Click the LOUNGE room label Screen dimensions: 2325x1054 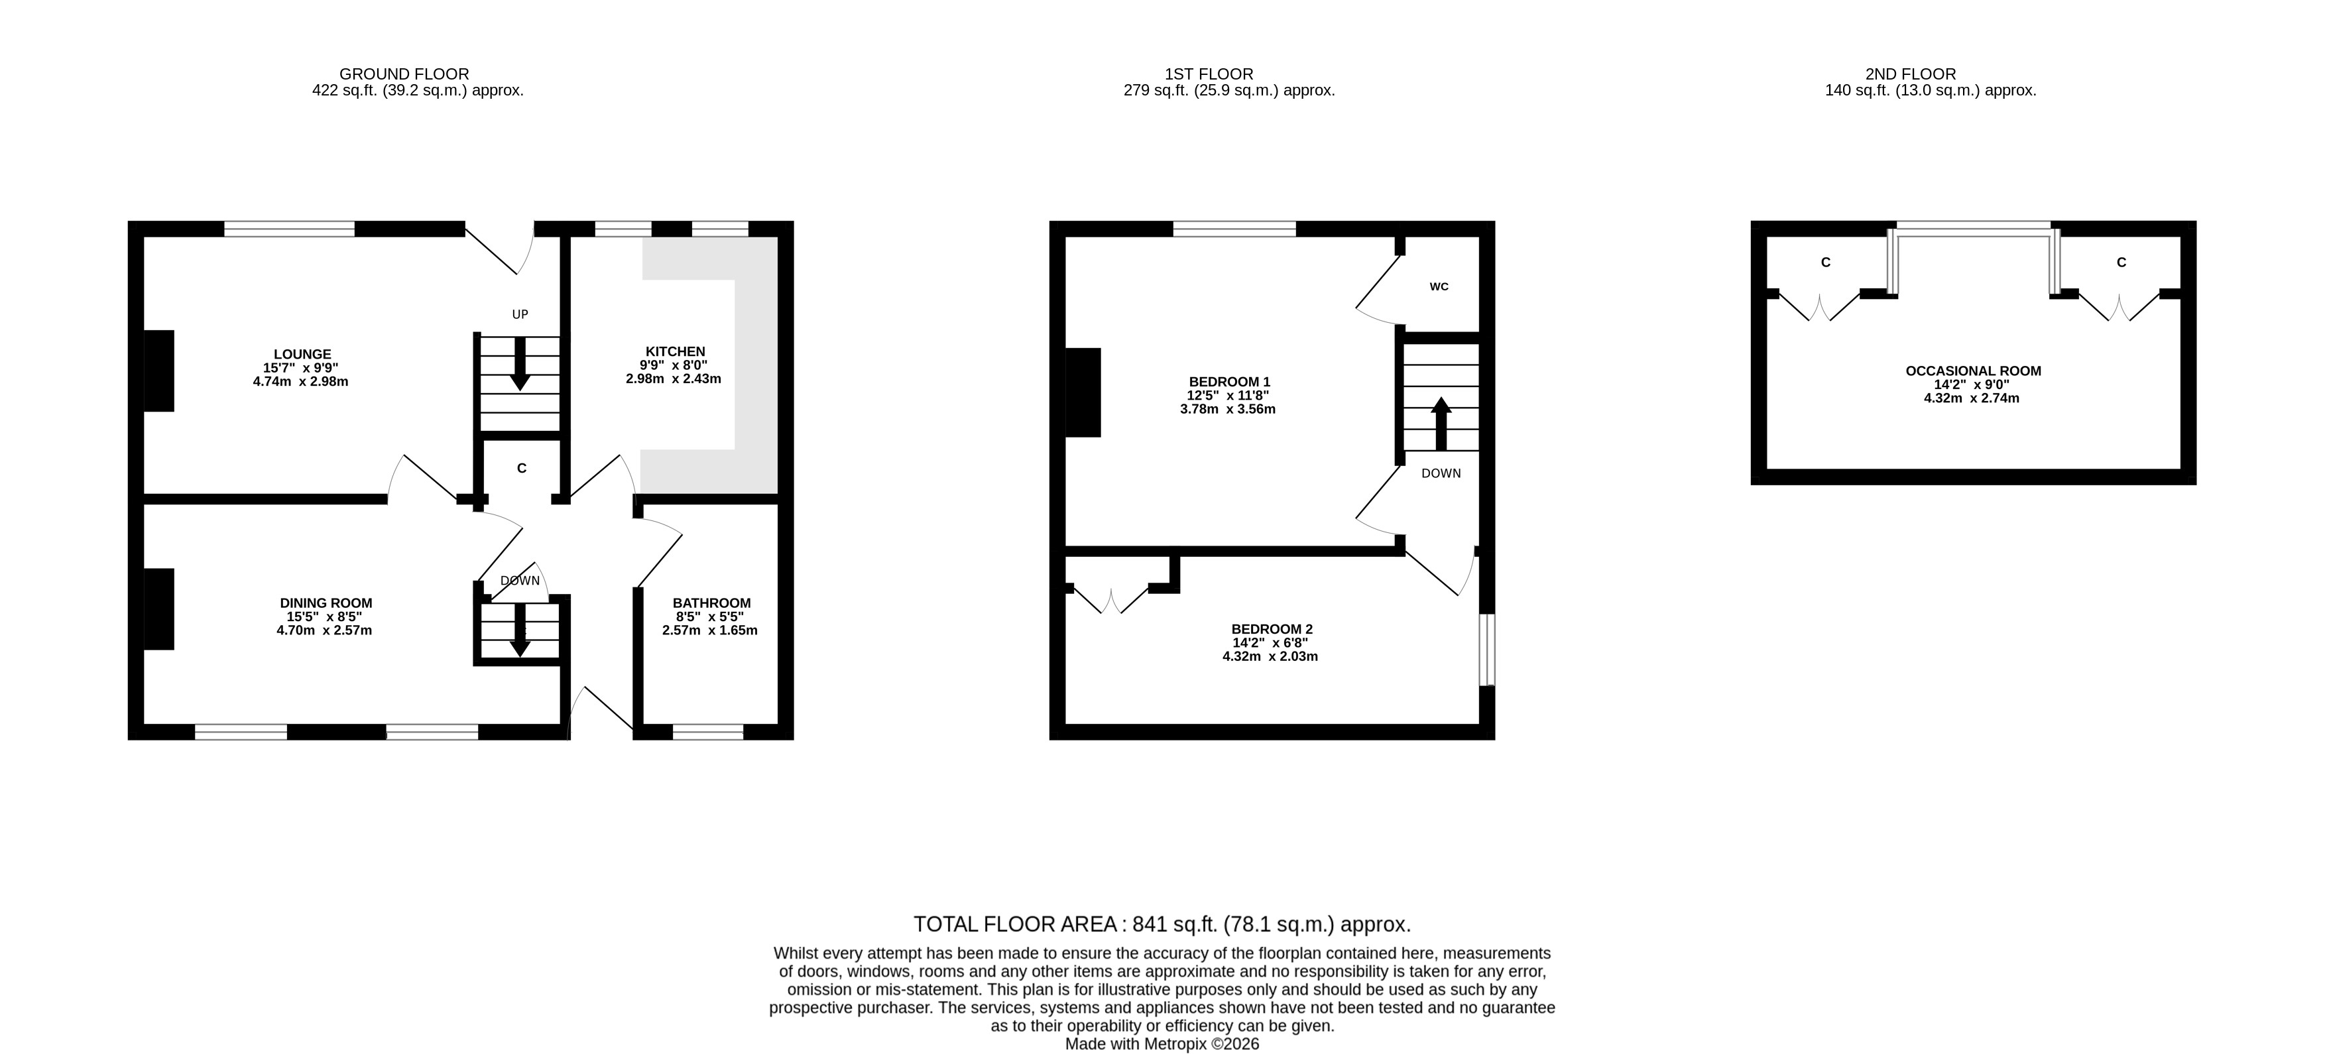tap(302, 355)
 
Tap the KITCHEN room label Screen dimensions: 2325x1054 tap(675, 352)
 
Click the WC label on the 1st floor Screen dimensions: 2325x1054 tap(1439, 287)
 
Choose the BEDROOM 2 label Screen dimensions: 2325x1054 tap(1272, 630)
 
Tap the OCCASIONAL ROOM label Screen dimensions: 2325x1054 tap(1973, 371)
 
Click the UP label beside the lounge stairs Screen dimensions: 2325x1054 tap(520, 315)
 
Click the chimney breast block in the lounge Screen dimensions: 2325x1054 tap(159, 371)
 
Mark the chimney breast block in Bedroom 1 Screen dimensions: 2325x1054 tap(1083, 392)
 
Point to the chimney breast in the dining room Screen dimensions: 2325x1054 tap(159, 609)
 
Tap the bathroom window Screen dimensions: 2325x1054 tap(709, 732)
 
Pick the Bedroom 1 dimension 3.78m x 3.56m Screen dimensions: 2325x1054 tap(1228, 410)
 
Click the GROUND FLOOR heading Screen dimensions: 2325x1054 tap(404, 74)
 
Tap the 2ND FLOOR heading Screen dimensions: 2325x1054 tap(1911, 74)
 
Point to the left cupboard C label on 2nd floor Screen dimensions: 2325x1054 tap(1826, 263)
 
